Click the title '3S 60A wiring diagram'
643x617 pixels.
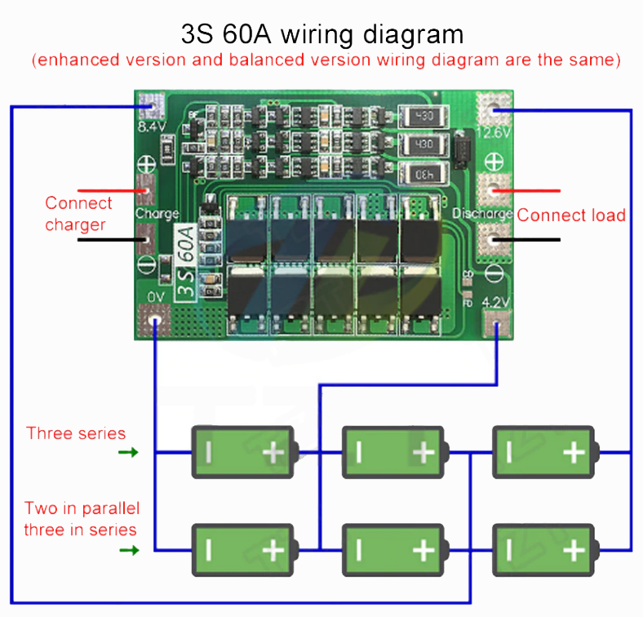(321, 34)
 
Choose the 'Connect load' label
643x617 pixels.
(571, 215)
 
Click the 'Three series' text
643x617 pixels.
(76, 433)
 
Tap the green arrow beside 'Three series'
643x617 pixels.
(129, 452)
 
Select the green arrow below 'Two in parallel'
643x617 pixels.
(129, 550)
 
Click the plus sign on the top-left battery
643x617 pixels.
(273, 452)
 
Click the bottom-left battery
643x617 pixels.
(242, 550)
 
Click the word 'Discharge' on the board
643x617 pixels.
(481, 214)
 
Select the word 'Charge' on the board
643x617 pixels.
(157, 214)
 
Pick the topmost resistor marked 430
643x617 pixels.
(423, 118)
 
